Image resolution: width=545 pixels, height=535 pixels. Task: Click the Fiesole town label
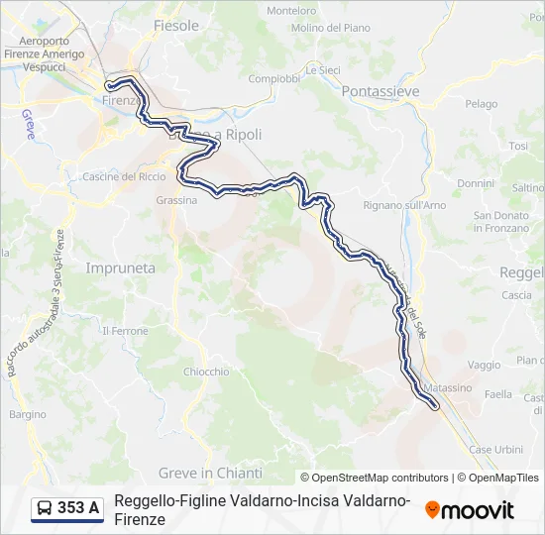pyautogui.click(x=176, y=25)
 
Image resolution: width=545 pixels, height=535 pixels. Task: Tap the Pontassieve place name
pyautogui.click(x=380, y=91)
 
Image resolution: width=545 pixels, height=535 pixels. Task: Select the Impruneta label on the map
pyautogui.click(x=120, y=267)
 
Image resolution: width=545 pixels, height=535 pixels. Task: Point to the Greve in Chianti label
pyautogui.click(x=210, y=473)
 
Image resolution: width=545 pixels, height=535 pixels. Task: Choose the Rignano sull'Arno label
pyautogui.click(x=405, y=205)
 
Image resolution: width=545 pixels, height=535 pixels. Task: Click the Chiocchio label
pyautogui.click(x=206, y=372)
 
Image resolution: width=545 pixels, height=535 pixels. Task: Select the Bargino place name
pyautogui.click(x=27, y=414)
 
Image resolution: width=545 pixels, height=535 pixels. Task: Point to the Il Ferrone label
pyautogui.click(x=126, y=331)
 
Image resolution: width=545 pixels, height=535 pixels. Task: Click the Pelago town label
pyautogui.click(x=481, y=103)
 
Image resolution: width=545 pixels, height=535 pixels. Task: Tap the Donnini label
pyautogui.click(x=476, y=183)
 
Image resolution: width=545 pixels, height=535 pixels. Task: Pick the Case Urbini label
pyautogui.click(x=495, y=449)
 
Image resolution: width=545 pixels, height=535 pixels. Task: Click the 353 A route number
pyautogui.click(x=78, y=508)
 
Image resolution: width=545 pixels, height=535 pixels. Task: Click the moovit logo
pyautogui.click(x=470, y=510)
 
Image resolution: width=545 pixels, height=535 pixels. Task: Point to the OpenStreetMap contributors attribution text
pyautogui.click(x=375, y=478)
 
